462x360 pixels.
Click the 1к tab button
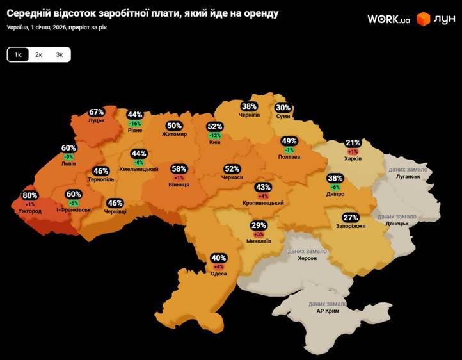(x=18, y=55)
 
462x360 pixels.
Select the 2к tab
(x=39, y=55)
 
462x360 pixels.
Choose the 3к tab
(x=60, y=55)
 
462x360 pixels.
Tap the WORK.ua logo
(x=388, y=19)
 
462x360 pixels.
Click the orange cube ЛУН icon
(x=423, y=19)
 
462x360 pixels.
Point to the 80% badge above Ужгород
(x=30, y=196)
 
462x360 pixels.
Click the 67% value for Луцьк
(x=97, y=112)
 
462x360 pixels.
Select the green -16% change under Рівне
(x=135, y=123)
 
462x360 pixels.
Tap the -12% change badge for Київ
(x=215, y=135)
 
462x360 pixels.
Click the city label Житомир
(x=174, y=135)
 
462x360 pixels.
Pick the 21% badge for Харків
(x=353, y=143)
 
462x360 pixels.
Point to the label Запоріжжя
(x=350, y=226)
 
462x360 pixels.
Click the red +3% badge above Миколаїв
(x=259, y=234)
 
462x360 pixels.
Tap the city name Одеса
(x=219, y=274)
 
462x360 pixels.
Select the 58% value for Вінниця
(x=179, y=169)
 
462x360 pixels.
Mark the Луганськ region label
(x=408, y=176)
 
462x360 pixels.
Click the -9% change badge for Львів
(x=68, y=157)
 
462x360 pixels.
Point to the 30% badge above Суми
(x=283, y=108)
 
